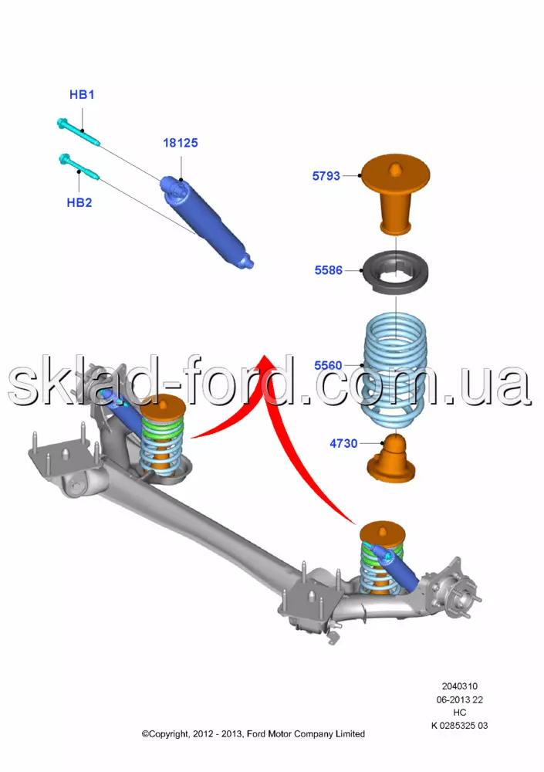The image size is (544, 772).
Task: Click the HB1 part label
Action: coord(82,94)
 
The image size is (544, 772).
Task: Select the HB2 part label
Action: coord(79,202)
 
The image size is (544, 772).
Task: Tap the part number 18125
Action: coord(181,143)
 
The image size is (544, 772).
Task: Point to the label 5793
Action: coord(326,176)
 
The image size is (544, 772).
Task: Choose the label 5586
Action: coord(329,270)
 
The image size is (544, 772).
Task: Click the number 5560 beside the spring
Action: coord(328,365)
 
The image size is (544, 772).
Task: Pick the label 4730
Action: coord(343,444)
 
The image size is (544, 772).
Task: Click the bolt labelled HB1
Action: coord(79,132)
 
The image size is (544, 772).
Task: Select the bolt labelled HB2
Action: coord(79,167)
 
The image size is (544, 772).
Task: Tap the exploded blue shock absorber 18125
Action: coord(207,222)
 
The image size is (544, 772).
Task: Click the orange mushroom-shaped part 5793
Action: coord(395,194)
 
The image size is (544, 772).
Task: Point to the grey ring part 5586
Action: coord(395,273)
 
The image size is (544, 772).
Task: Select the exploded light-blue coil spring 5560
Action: coord(395,374)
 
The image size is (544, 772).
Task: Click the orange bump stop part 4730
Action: coord(392,459)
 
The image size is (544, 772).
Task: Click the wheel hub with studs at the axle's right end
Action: coord(455,587)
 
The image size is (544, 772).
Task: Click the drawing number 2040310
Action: coord(459,686)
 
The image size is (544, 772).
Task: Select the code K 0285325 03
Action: coord(459,725)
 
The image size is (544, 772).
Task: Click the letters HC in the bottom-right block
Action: coord(459,713)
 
